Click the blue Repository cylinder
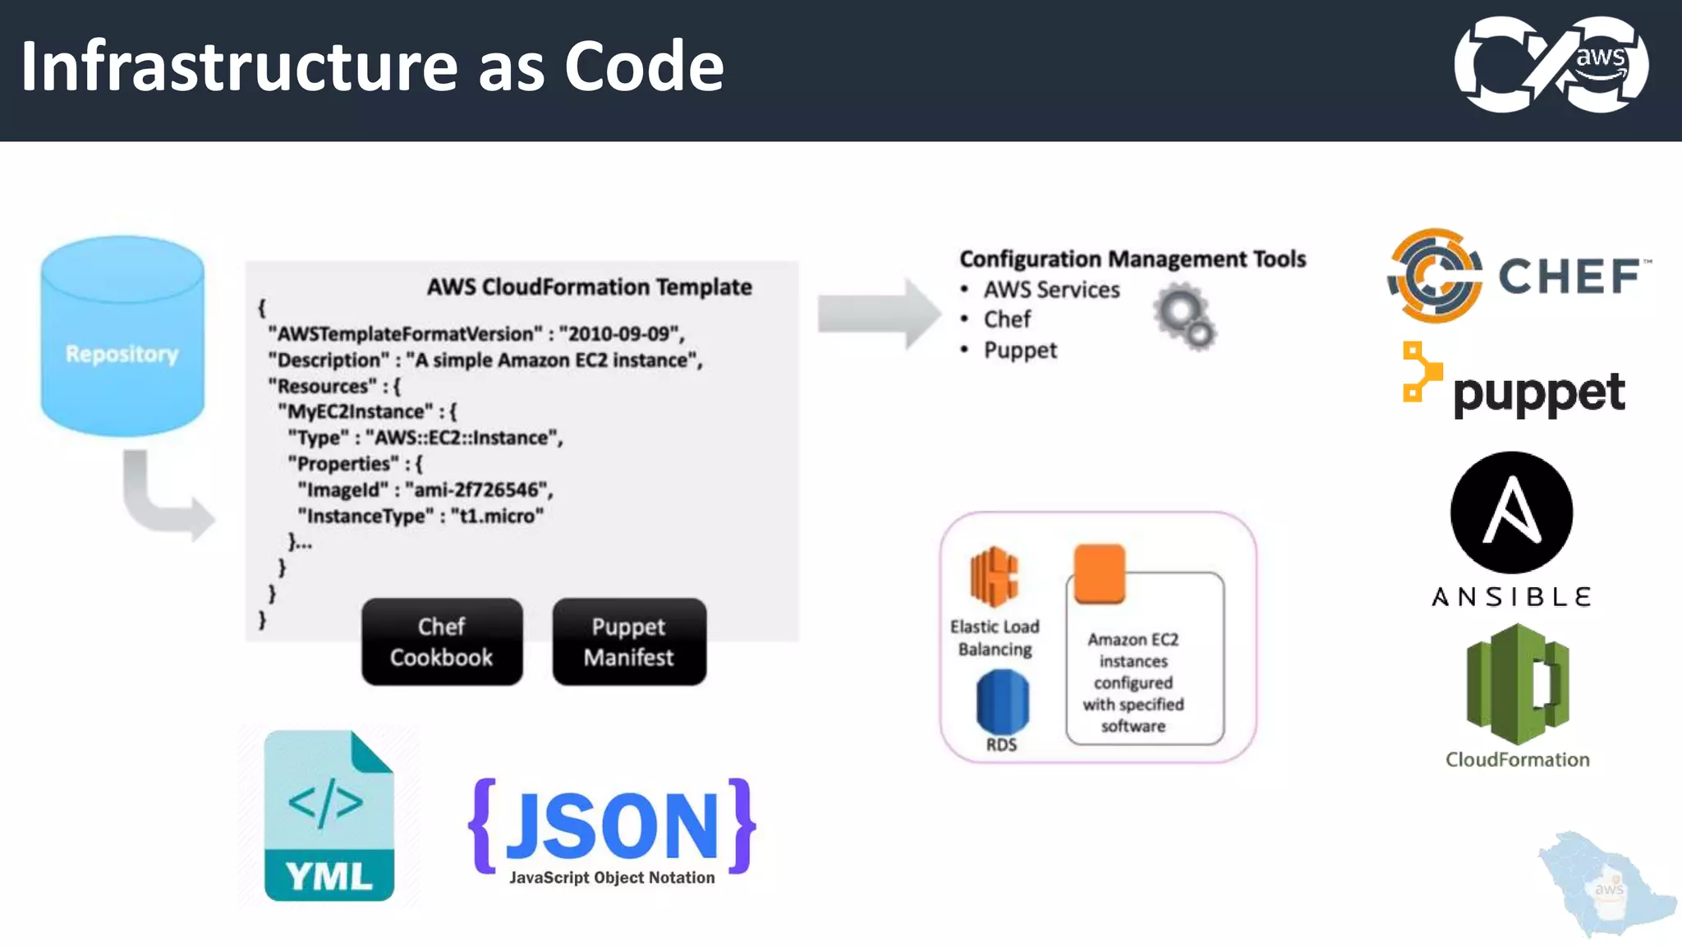[x=122, y=337]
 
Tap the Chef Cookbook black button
[x=442, y=642]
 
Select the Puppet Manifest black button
[x=629, y=642]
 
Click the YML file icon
[x=329, y=815]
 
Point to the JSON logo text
[x=612, y=826]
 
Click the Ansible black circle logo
[x=1511, y=512]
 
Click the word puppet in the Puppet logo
[x=1539, y=393]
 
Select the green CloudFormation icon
[x=1518, y=684]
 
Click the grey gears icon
[x=1184, y=317]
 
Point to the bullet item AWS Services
[x=1051, y=290]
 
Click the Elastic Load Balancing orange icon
[x=994, y=576]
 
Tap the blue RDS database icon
[x=1002, y=702]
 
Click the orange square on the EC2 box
[x=1099, y=572]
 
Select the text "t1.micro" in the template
[x=497, y=517]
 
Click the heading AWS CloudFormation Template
[x=589, y=287]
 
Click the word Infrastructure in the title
[x=238, y=67]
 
